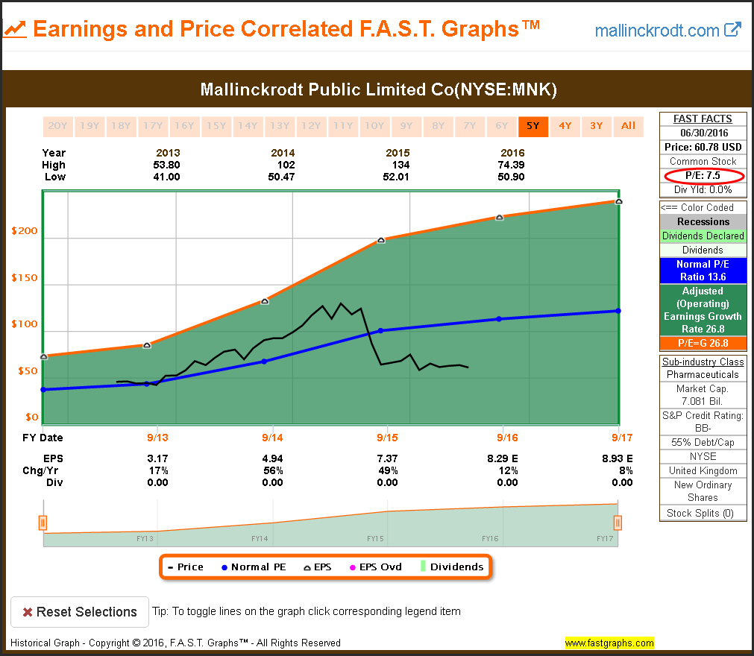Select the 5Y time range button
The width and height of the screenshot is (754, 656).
[x=532, y=126]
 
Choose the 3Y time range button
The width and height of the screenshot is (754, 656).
[x=597, y=126]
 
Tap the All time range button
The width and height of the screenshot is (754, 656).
[x=629, y=126]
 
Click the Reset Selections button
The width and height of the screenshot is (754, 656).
[x=79, y=612]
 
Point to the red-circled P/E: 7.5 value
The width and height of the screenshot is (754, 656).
[x=703, y=176]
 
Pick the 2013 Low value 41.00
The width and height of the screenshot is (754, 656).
[x=168, y=177]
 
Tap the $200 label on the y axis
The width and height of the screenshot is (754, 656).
[x=25, y=231]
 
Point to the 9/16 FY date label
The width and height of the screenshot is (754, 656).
[x=507, y=438]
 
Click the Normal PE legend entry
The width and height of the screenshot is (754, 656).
[x=254, y=567]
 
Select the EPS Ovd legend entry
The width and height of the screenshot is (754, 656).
[x=376, y=567]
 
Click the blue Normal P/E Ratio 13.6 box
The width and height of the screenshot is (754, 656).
[x=703, y=271]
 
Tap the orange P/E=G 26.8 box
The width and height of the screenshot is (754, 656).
[x=703, y=344]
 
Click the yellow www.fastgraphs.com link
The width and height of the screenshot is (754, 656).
[x=609, y=643]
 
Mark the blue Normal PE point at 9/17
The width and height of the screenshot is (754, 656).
[x=619, y=311]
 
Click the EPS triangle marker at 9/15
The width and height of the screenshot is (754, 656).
[x=381, y=240]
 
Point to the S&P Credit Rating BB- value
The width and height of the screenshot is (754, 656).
[x=703, y=429]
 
